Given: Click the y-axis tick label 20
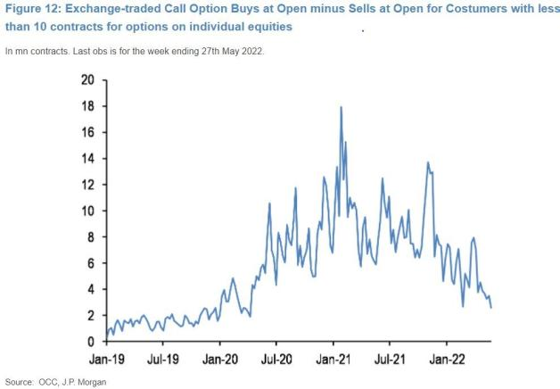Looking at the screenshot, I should click(x=86, y=79).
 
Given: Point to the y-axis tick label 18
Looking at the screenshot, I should click(x=86, y=105).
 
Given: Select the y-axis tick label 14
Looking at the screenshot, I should click(x=86, y=158).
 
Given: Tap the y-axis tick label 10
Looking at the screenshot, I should click(x=86, y=211).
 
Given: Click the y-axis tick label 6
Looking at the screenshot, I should click(x=89, y=263).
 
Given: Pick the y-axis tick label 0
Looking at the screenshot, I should click(x=89, y=342).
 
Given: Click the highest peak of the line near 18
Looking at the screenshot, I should click(x=341, y=108).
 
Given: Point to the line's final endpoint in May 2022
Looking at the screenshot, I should click(x=491, y=308).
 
